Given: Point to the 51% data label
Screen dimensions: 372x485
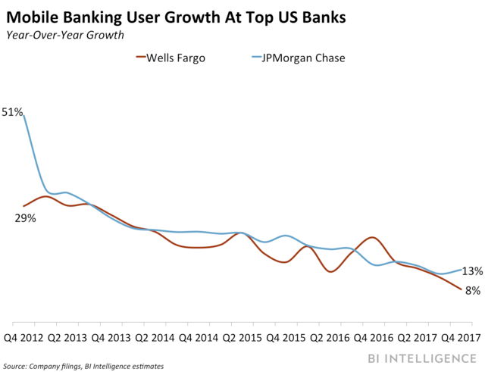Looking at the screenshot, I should [x=13, y=112].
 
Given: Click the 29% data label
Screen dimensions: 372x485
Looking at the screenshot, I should [x=25, y=218].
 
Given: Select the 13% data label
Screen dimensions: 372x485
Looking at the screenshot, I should [x=472, y=271].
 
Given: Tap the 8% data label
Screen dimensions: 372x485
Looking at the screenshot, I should [x=472, y=290].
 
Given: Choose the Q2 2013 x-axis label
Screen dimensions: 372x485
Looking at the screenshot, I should [x=74, y=337].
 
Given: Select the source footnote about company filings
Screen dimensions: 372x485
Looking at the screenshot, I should [x=84, y=366].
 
